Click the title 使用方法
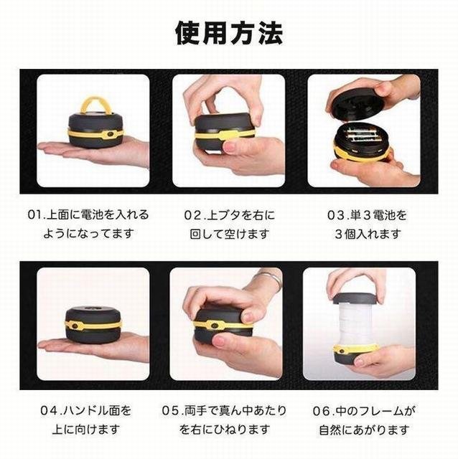click(x=229, y=33)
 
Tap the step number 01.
click(x=35, y=214)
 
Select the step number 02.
click(x=192, y=215)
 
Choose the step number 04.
click(x=48, y=410)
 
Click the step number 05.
click(x=169, y=410)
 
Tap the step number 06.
click(x=321, y=411)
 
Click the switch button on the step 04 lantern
click(x=75, y=326)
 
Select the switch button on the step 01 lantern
click(x=110, y=134)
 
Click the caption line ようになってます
click(x=89, y=234)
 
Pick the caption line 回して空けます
click(x=230, y=235)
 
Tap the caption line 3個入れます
click(x=368, y=235)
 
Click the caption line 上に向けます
click(x=86, y=430)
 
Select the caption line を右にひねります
click(x=225, y=430)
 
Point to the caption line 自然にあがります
click(x=364, y=430)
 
